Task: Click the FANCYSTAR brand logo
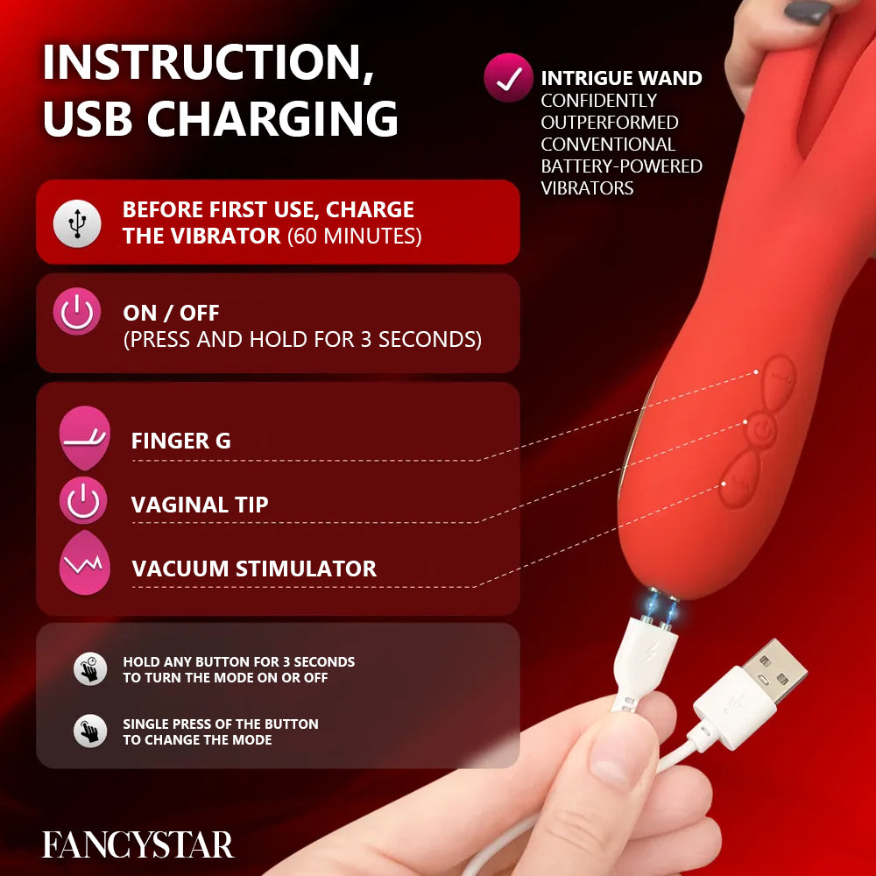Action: tap(138, 844)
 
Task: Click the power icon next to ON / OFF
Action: tap(77, 313)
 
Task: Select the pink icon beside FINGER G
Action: tap(84, 437)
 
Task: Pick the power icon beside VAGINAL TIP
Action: tap(83, 502)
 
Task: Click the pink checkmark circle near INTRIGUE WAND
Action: tap(508, 78)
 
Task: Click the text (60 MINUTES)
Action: tap(355, 236)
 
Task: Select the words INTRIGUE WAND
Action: tap(621, 78)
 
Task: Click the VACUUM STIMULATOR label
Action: tap(254, 568)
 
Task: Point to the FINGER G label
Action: tap(180, 441)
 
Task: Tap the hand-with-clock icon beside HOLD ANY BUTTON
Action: tap(89, 668)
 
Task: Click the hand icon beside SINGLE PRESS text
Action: tap(89, 731)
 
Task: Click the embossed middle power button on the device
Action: tap(762, 428)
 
